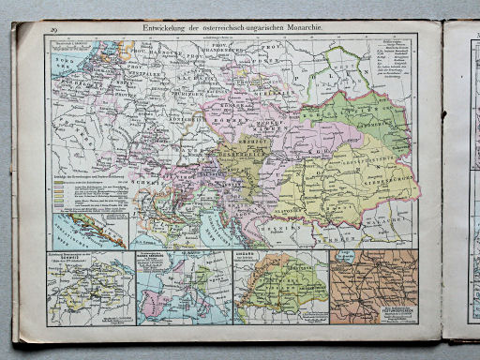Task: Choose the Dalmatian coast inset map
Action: (x=90, y=230)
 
